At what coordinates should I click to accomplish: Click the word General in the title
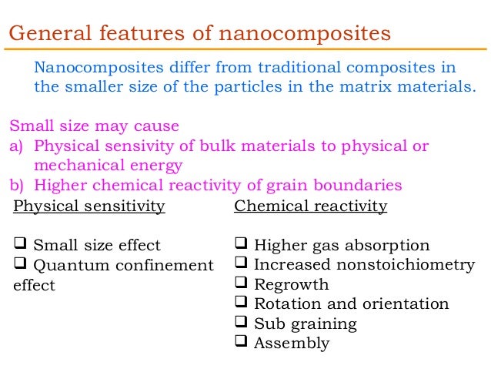[x=46, y=34]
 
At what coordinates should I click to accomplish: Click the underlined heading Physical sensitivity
[x=89, y=206]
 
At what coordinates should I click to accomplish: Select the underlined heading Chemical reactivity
[x=310, y=206]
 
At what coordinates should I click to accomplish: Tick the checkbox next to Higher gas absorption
[x=241, y=245]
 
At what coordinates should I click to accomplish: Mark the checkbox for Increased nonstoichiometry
[x=241, y=264]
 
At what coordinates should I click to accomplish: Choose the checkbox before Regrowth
[x=241, y=283]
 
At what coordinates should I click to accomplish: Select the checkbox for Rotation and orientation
[x=241, y=304]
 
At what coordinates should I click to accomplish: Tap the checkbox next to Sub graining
[x=241, y=324]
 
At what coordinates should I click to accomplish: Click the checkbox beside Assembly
[x=241, y=343]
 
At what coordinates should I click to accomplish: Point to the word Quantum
[x=72, y=266]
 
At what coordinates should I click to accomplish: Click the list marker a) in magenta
[x=16, y=146]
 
